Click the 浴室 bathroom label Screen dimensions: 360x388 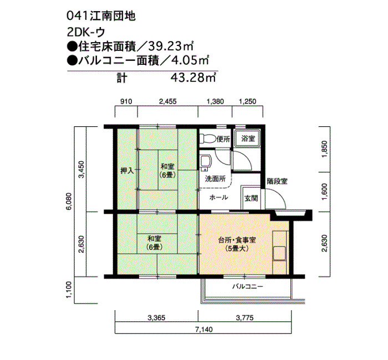(248, 138)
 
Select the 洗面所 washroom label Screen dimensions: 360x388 (215, 179)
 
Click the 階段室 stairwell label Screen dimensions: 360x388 (277, 181)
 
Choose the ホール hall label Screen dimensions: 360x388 (218, 198)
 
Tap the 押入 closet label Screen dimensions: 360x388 (127, 171)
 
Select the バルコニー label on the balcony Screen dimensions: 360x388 (247, 287)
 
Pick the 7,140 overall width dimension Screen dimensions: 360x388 (203, 330)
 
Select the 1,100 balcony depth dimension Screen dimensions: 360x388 (69, 290)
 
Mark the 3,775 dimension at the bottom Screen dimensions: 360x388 (245, 318)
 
